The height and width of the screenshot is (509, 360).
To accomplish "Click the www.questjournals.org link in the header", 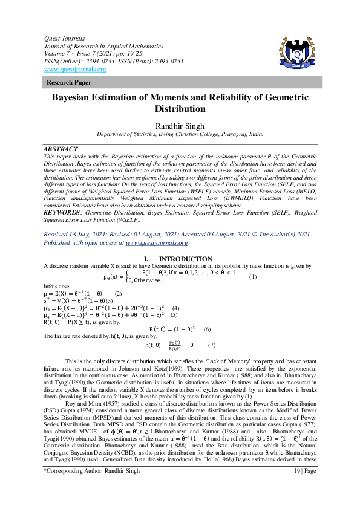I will [x=75, y=70].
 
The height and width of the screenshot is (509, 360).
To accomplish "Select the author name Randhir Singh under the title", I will [x=180, y=125].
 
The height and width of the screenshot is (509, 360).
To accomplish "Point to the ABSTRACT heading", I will [x=61, y=149].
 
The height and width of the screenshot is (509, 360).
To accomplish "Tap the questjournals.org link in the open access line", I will [x=157, y=242].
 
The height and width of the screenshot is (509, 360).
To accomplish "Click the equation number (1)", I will [x=253, y=277].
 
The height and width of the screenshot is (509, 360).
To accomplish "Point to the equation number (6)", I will [x=206, y=329].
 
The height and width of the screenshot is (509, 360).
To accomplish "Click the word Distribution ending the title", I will [x=180, y=110].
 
